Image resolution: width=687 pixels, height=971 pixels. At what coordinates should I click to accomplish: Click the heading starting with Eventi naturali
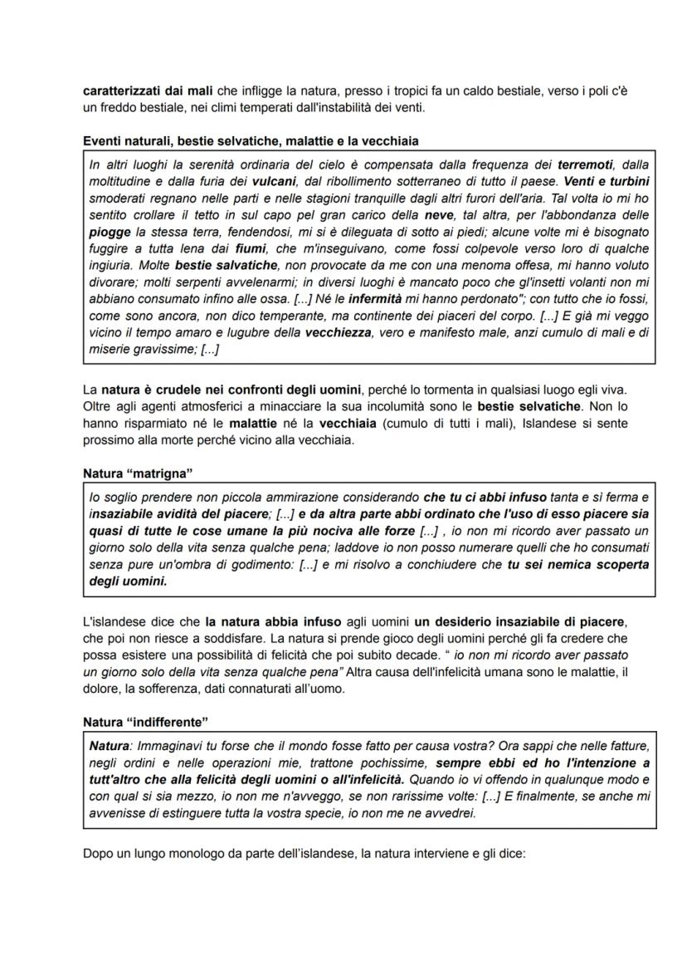pos(256,142)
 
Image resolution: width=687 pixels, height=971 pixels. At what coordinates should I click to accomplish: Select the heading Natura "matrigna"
pos(138,473)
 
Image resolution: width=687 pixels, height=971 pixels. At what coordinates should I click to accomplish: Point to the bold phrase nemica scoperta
pos(587,565)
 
